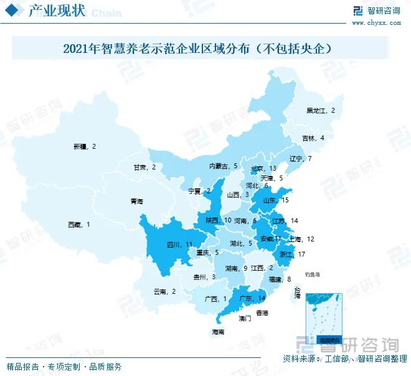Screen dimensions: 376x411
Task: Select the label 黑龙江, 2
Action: click(321, 110)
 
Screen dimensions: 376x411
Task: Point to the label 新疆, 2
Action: click(85, 146)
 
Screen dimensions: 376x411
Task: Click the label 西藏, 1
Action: click(80, 224)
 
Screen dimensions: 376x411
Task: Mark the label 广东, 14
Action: click(252, 298)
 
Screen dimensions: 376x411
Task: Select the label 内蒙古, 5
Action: click(223, 166)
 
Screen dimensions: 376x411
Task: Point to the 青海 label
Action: click(136, 202)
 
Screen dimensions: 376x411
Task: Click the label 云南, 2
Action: click(165, 291)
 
